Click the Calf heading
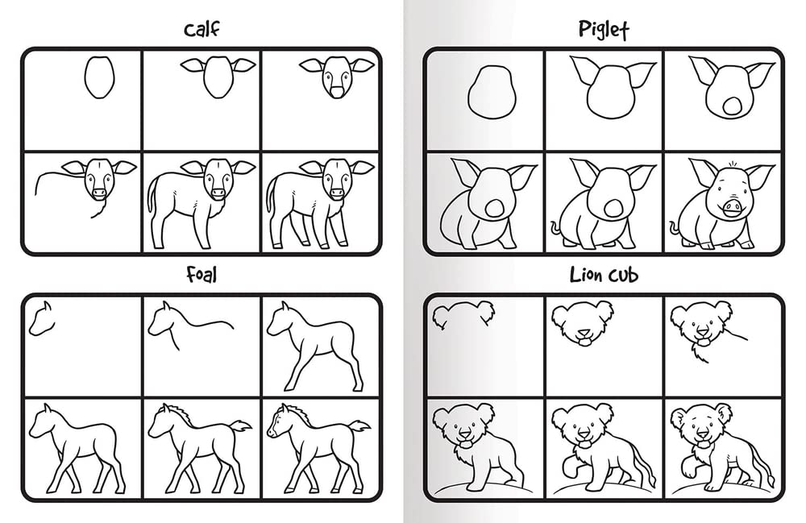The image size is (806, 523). pyautogui.click(x=201, y=31)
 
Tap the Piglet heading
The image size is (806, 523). pyautogui.click(x=603, y=31)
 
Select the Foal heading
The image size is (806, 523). pyautogui.click(x=201, y=276)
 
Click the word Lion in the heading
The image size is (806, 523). pyautogui.click(x=587, y=276)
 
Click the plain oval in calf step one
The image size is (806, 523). pyautogui.click(x=99, y=77)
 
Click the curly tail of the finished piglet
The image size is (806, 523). pyautogui.click(x=674, y=228)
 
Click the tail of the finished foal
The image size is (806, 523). pyautogui.click(x=357, y=425)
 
